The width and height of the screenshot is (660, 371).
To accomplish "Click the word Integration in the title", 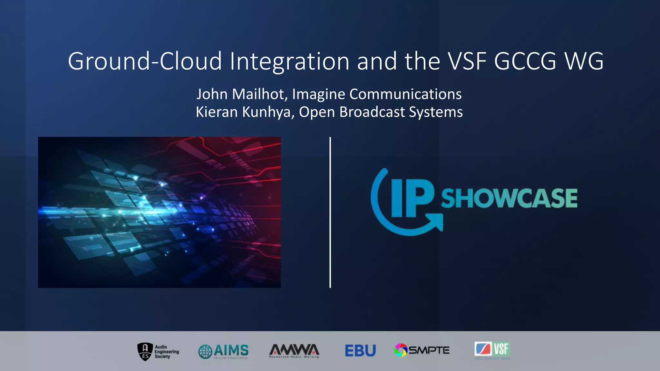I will click(x=289, y=61).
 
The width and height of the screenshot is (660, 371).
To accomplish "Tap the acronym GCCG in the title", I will click(x=525, y=61).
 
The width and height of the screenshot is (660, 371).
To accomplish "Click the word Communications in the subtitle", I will click(x=405, y=94).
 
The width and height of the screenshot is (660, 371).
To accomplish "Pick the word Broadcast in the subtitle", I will click(x=372, y=112).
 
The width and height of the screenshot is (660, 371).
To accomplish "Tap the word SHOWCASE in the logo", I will click(x=509, y=198).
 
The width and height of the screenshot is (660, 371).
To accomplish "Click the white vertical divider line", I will click(x=330, y=212).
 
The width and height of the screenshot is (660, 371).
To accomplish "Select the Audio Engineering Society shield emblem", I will click(x=145, y=351).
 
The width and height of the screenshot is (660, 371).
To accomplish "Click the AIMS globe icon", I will click(x=205, y=351).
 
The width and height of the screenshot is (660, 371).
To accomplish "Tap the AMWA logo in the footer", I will click(x=294, y=351).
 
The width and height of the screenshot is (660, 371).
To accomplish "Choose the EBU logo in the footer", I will click(x=360, y=351).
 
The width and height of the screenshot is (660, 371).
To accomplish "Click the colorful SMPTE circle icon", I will click(x=401, y=350).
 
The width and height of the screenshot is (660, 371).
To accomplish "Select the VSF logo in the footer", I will click(x=492, y=350).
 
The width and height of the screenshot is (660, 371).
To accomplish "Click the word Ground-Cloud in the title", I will click(x=145, y=61).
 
